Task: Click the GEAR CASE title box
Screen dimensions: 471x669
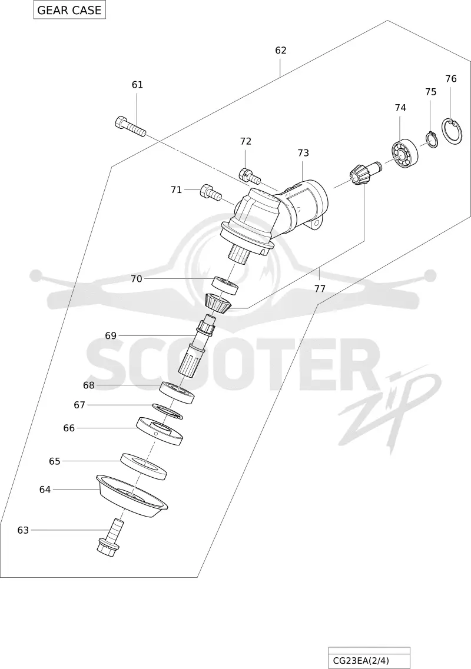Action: coord(69,10)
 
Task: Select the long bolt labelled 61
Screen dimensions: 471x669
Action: coord(130,126)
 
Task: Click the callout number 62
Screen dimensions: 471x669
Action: coord(281,51)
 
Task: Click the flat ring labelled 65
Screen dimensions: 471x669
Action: coord(144,467)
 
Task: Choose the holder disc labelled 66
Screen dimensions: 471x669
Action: coord(160,431)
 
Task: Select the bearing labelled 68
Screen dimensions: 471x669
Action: coord(177,392)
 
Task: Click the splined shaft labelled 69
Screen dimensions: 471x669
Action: coord(196,346)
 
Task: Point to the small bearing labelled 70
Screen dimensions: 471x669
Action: coord(225,285)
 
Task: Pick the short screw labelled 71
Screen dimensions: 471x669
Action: coord(211,192)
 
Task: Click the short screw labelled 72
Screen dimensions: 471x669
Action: coord(250,175)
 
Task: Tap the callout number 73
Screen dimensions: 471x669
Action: coord(303,153)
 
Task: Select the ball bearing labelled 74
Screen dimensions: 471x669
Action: coord(405,153)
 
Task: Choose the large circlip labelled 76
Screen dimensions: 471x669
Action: coord(452,132)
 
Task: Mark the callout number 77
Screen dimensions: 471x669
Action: coord(320,288)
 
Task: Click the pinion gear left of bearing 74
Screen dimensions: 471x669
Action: coord(364,173)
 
